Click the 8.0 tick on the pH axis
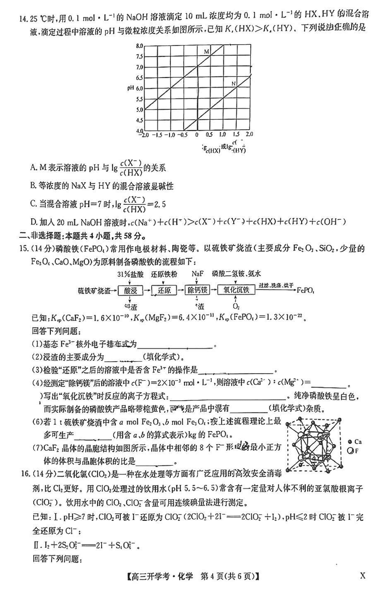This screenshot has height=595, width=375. click(x=139, y=46)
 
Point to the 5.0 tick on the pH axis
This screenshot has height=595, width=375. click(x=139, y=110)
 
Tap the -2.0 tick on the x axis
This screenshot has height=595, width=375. click(x=144, y=135)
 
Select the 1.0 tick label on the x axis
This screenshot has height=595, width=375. click(x=222, y=135)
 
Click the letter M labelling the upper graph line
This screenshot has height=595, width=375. click(x=206, y=52)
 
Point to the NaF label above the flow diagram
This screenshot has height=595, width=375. click(x=197, y=274)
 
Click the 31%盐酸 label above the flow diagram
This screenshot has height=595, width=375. click(x=130, y=274)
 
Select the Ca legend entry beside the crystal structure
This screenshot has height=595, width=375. click(x=355, y=442)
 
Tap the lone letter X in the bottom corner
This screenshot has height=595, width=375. click(x=362, y=576)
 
